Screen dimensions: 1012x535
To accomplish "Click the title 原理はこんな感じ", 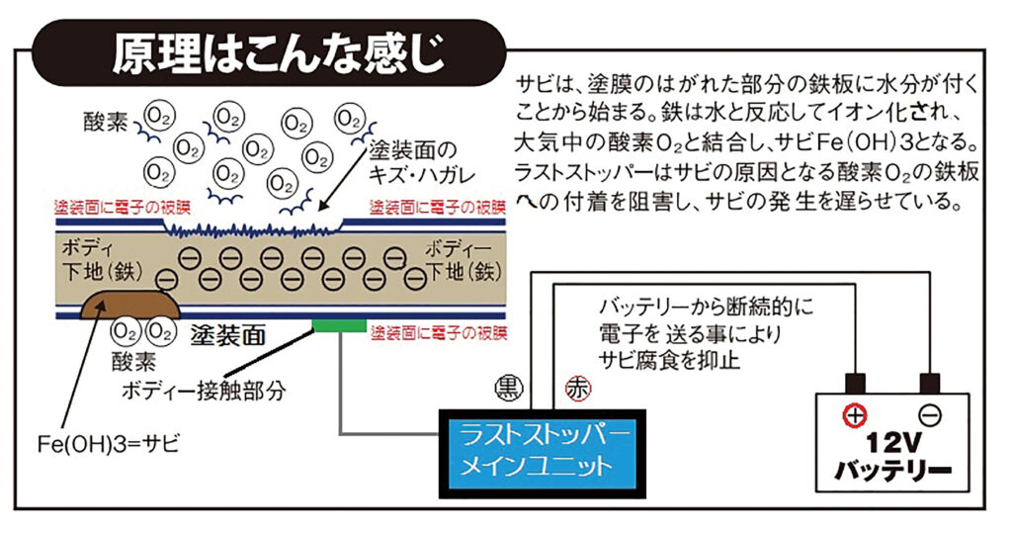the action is point(279,53).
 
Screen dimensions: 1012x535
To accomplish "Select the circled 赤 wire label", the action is point(577,389).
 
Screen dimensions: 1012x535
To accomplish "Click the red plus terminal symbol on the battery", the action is point(855,415).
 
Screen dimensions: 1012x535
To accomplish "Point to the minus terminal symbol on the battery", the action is point(929,415).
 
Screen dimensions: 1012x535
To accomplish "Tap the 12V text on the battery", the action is point(892,444).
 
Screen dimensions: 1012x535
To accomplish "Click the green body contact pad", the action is point(340,325).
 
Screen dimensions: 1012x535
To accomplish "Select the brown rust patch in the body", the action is point(129,305).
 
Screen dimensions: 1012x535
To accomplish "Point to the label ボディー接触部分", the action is point(204,391).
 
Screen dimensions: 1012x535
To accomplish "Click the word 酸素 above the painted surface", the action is point(106,122).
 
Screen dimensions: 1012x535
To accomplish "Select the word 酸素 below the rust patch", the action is point(133,361).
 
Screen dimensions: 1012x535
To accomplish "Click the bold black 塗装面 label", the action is point(228,335).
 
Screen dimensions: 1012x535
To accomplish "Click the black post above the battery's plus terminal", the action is point(855,384).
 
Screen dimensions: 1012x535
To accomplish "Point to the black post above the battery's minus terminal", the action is point(929,384).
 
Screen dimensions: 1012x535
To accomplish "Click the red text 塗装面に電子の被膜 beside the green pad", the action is point(439,333).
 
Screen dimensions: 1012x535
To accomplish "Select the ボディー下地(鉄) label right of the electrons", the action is point(464,260).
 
